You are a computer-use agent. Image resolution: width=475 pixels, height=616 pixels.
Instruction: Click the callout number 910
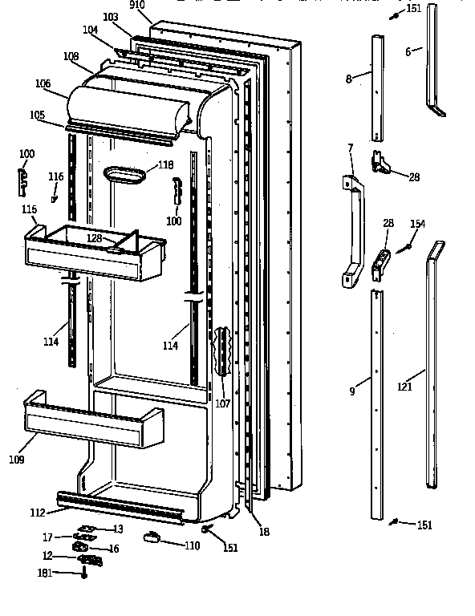(x=136, y=6)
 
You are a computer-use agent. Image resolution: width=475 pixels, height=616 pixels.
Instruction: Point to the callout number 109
(x=17, y=460)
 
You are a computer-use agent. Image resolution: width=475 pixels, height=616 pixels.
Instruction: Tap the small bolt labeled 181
(x=83, y=573)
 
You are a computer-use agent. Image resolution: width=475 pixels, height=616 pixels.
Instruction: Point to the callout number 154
(x=417, y=224)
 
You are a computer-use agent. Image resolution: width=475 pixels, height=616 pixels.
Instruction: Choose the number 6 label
(x=408, y=51)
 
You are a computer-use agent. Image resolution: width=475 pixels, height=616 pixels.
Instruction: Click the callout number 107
(x=221, y=403)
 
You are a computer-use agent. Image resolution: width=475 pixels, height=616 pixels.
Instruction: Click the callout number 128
(x=95, y=238)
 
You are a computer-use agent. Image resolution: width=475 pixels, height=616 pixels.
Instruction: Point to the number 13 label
(x=118, y=529)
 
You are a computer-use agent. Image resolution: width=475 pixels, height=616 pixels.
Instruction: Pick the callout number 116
(x=55, y=176)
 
